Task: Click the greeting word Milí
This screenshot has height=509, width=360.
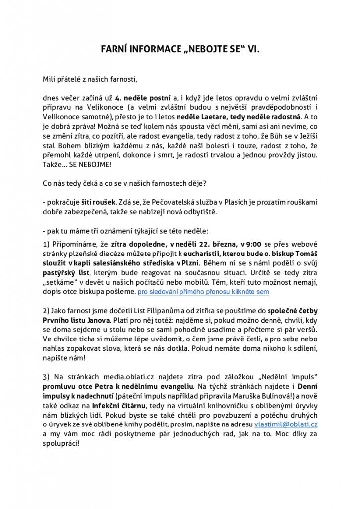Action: click(50, 79)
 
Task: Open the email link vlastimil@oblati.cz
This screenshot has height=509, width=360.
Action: click(285, 424)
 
